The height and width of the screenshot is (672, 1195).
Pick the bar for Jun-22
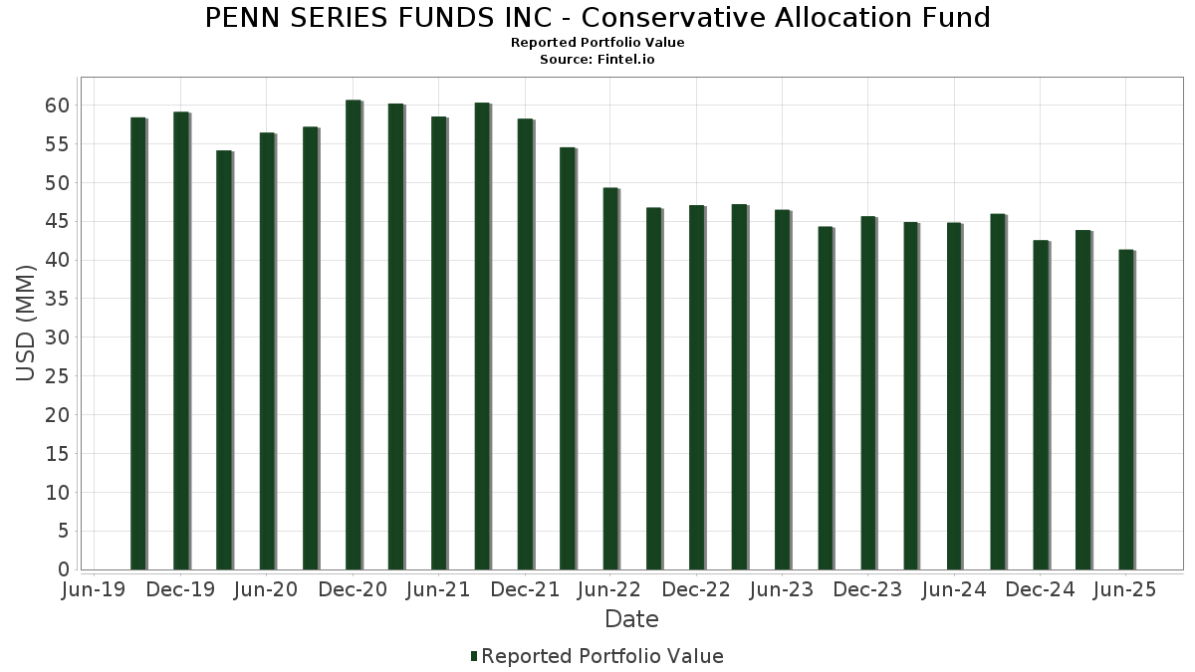(610, 378)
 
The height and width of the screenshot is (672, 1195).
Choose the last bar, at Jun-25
(1125, 409)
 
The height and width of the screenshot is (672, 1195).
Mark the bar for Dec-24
(1040, 404)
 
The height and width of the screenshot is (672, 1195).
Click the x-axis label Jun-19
(94, 589)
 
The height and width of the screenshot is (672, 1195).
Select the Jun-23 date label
(782, 589)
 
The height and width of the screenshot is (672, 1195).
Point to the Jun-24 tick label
(954, 589)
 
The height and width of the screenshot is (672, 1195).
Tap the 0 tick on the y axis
(64, 569)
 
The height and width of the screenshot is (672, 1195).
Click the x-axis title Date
(631, 619)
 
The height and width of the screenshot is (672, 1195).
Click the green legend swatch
(474, 656)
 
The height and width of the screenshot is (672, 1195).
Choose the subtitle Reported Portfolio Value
(597, 43)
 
